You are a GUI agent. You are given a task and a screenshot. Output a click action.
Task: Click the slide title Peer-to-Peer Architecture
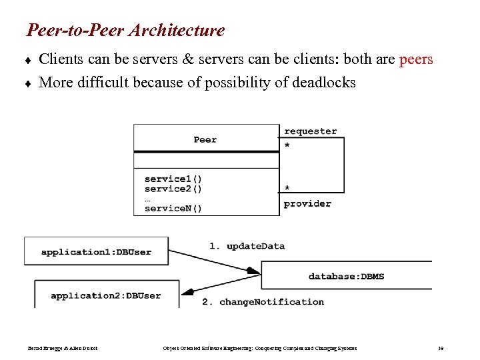click(125, 31)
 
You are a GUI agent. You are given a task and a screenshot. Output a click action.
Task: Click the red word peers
click(415, 59)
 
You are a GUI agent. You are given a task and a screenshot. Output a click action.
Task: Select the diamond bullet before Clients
click(29, 60)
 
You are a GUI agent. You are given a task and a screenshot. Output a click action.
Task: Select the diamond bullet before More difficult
click(29, 83)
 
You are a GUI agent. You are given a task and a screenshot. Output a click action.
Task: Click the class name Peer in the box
click(205, 139)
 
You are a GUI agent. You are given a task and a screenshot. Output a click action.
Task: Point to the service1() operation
click(173, 179)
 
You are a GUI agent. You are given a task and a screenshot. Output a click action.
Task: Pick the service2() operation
click(173, 189)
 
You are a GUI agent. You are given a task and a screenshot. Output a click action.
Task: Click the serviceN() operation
click(173, 208)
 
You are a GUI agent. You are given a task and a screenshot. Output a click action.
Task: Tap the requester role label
click(311, 131)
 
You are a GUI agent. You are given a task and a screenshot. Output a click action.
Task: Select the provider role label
click(307, 203)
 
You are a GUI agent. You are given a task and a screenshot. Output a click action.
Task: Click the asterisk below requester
click(287, 145)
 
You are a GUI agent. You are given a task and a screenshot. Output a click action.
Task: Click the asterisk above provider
click(287, 189)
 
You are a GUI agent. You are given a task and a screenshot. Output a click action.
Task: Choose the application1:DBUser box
click(96, 251)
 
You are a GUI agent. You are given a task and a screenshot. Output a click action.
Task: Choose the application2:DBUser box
click(106, 295)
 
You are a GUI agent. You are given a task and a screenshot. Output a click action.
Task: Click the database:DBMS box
click(346, 276)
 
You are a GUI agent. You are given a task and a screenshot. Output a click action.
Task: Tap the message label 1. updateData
click(247, 246)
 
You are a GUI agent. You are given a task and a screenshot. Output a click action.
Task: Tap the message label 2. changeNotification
click(263, 302)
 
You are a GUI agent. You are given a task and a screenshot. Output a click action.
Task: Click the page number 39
click(441, 348)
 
